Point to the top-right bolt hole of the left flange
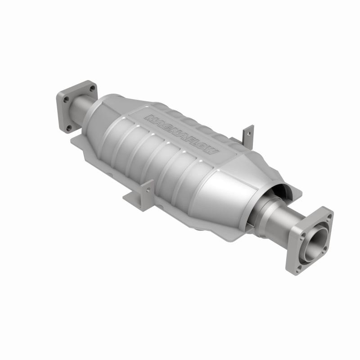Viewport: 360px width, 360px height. coord(92,89)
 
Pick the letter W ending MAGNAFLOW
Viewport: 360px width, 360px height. coord(211,153)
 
